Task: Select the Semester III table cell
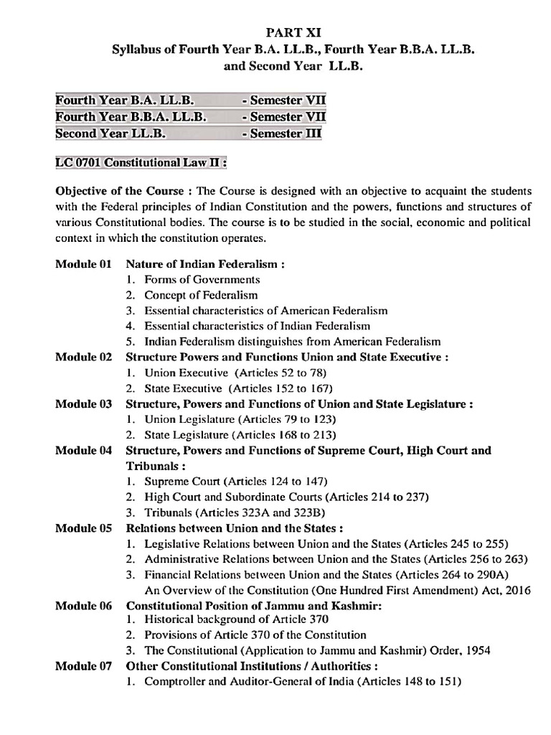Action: (282, 134)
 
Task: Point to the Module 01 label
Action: (84, 264)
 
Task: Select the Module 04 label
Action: (84, 451)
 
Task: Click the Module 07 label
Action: (84, 666)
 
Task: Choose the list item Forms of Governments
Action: (202, 279)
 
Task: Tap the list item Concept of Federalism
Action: (201, 295)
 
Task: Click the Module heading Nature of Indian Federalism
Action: (205, 264)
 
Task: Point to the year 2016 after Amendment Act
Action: (517, 590)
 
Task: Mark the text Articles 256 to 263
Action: (477, 559)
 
